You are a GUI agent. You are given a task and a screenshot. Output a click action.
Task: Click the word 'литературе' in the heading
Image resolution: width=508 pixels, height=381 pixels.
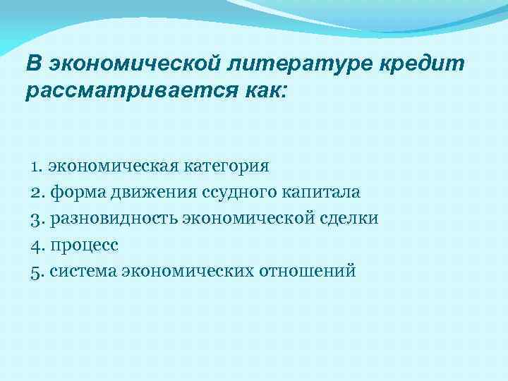(299, 64)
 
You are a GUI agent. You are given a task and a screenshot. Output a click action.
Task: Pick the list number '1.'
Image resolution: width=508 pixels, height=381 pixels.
(37, 167)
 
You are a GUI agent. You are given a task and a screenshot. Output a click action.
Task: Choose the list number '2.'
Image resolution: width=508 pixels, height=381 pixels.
(38, 193)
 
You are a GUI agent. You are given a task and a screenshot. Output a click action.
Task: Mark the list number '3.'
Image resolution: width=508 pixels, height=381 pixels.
(38, 219)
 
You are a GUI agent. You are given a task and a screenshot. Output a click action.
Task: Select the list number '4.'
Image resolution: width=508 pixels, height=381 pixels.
(38, 245)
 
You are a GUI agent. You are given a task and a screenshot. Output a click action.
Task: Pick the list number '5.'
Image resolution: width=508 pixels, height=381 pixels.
(38, 271)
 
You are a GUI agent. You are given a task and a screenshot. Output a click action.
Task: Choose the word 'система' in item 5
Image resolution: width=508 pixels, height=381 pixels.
(83, 271)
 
